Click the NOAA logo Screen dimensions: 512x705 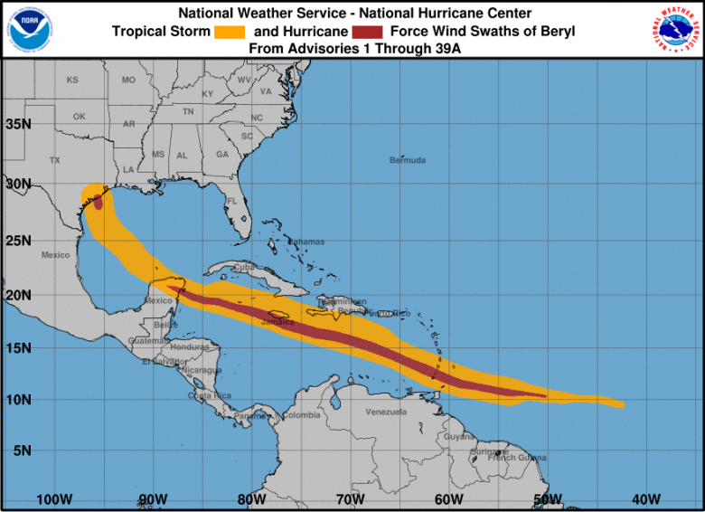(x=29, y=29)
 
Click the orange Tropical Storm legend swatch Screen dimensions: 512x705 (x=230, y=32)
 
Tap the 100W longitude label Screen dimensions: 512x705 (x=54, y=499)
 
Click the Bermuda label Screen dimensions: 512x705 (x=408, y=160)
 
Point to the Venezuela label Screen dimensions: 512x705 (x=387, y=412)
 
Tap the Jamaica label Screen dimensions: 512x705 (x=278, y=321)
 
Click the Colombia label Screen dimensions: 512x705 (x=301, y=415)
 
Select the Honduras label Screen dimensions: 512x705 (x=191, y=347)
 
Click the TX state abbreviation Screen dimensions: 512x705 (x=54, y=160)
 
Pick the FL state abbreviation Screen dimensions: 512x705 (x=231, y=201)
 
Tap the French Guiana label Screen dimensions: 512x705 (x=517, y=458)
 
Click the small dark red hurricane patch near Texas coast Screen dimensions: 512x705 (x=98, y=203)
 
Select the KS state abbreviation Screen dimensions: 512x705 (x=73, y=80)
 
